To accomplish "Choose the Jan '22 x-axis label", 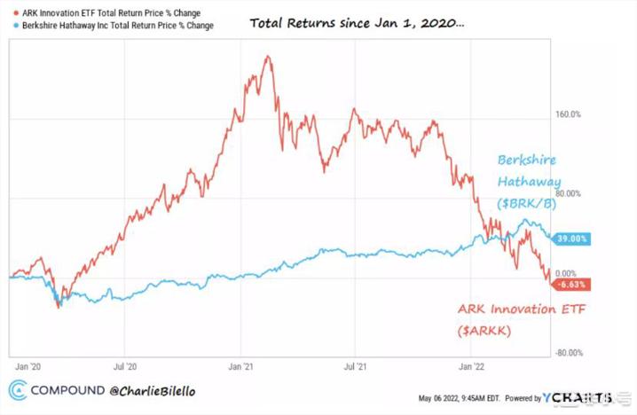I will tap(471, 364).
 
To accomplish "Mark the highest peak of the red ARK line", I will tap(267, 56).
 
